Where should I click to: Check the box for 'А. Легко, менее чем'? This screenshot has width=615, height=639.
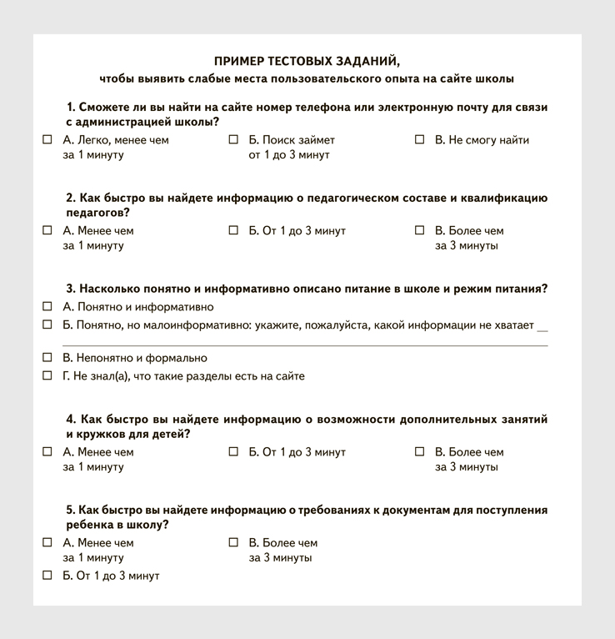[x=47, y=140]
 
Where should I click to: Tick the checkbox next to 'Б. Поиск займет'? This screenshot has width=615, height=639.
[x=233, y=140]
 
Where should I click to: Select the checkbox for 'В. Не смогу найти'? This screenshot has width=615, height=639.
[x=420, y=140]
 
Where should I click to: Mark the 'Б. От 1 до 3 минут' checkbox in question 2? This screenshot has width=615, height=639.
[x=233, y=230]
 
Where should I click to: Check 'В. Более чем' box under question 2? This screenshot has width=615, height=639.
[x=420, y=230]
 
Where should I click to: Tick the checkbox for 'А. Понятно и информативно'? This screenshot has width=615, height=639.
[x=47, y=307]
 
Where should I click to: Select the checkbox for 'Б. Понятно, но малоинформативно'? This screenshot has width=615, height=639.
[x=47, y=325]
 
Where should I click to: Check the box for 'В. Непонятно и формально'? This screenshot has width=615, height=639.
[x=47, y=358]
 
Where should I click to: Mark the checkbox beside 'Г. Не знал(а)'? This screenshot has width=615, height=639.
[x=47, y=376]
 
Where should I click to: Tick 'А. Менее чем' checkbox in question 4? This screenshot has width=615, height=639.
[x=47, y=452]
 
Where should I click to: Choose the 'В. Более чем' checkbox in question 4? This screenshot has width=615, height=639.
[x=420, y=452]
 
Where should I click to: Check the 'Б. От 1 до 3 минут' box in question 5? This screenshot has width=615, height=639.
[x=47, y=576]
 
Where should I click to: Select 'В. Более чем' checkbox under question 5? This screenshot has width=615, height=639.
[x=233, y=542]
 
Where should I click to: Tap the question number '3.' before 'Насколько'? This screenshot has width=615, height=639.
[x=71, y=289]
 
